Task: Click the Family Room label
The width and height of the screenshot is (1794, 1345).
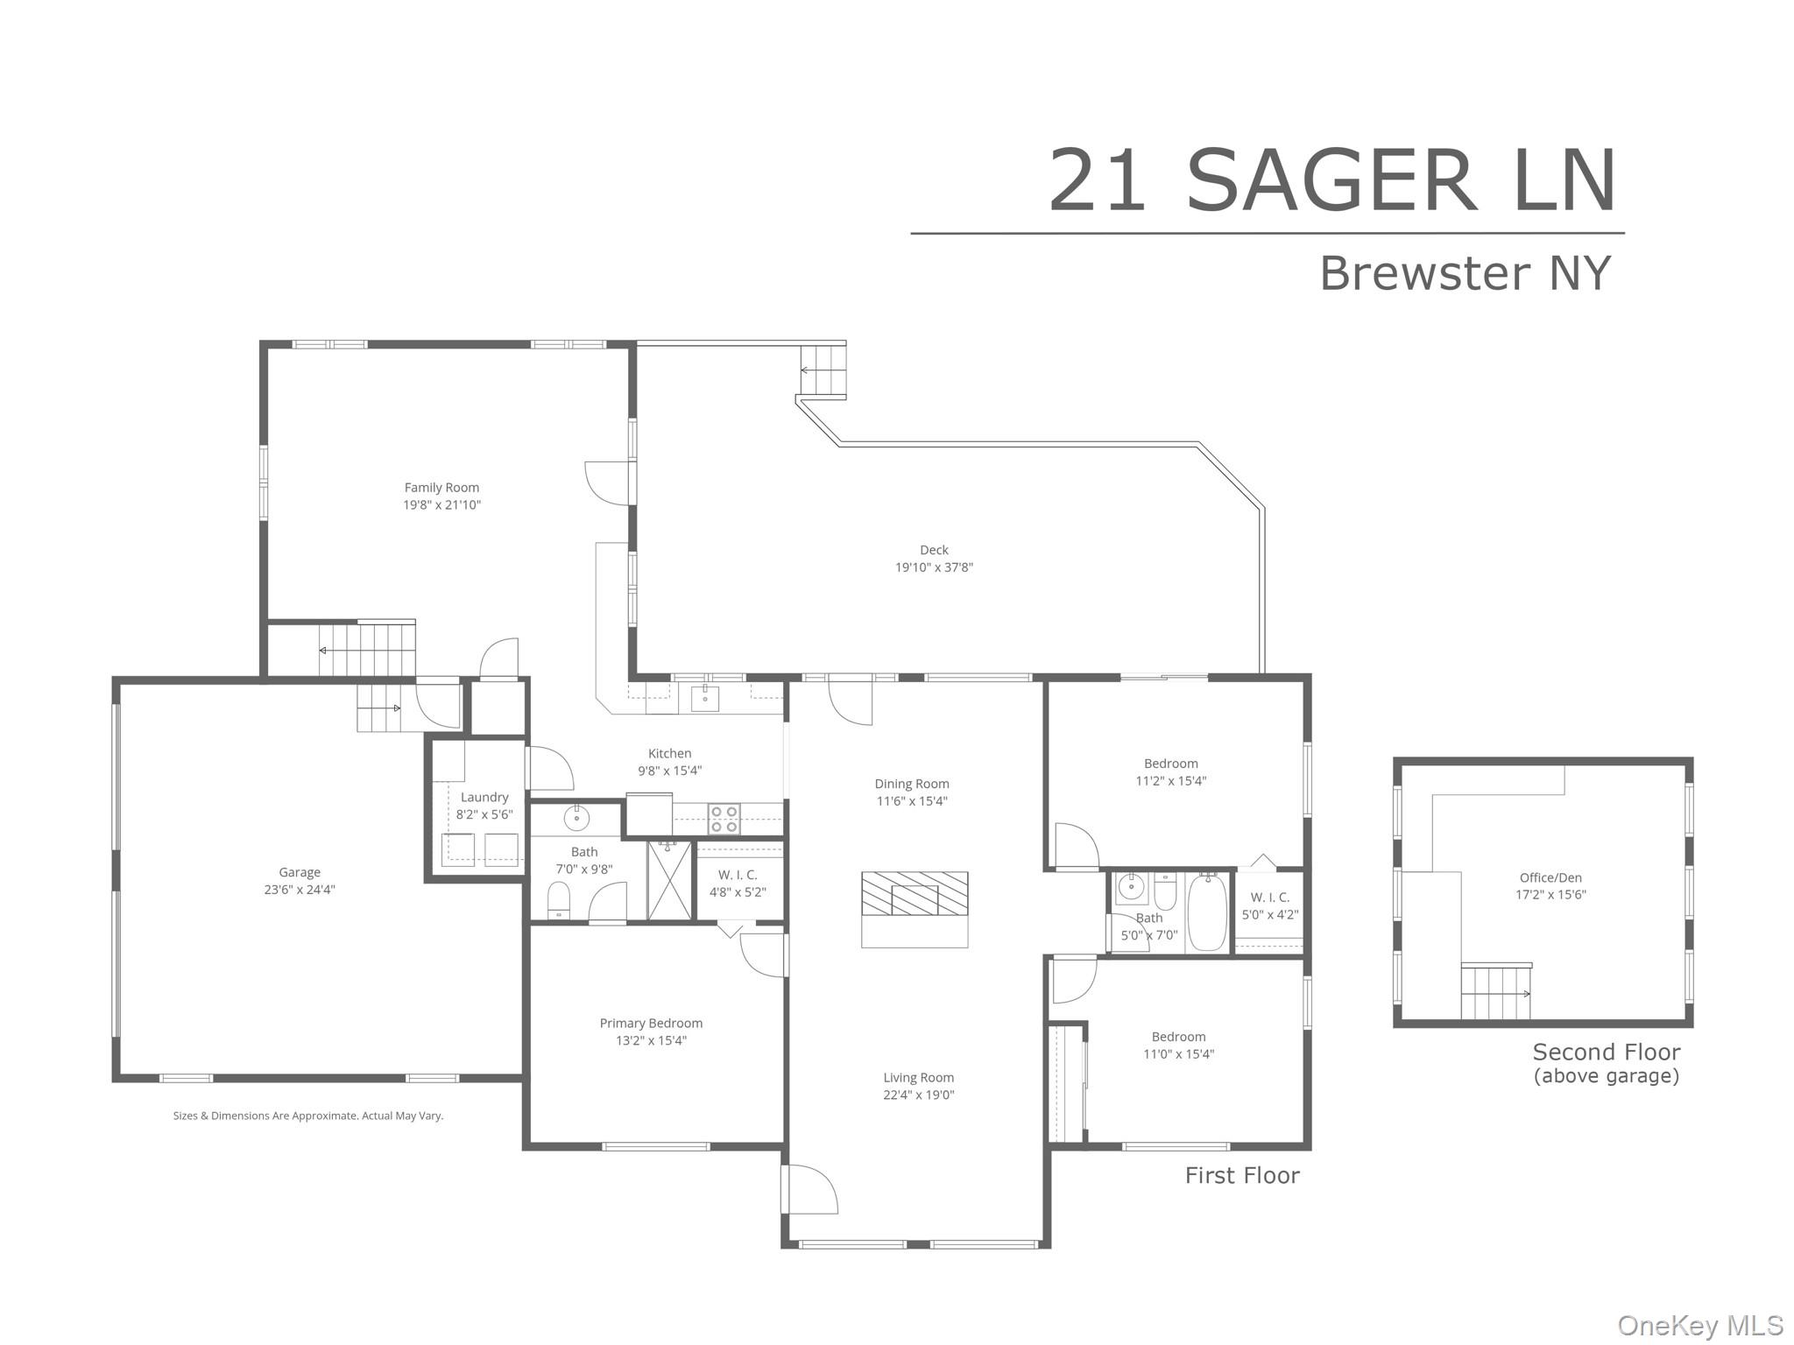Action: click(x=441, y=488)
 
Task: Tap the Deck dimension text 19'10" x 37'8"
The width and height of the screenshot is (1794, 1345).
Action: click(x=934, y=567)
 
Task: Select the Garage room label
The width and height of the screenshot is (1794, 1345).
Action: click(x=300, y=872)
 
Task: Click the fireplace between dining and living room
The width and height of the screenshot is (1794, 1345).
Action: click(x=915, y=894)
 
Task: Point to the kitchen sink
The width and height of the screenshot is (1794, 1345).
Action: click(x=705, y=699)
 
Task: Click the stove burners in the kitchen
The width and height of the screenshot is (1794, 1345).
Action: click(x=724, y=819)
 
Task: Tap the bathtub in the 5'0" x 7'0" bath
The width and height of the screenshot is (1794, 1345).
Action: click(x=1208, y=912)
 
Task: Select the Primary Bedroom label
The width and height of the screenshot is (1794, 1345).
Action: click(x=651, y=1024)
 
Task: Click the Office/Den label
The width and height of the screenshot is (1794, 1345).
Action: click(x=1550, y=878)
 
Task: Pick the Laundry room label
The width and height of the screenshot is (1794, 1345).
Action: click(x=484, y=798)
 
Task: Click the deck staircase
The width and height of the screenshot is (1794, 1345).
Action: click(x=823, y=370)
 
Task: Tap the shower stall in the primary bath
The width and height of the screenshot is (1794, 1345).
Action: click(x=670, y=880)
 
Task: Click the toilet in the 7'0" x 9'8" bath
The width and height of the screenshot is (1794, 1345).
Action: click(x=559, y=900)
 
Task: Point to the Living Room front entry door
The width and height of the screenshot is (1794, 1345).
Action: click(x=809, y=1189)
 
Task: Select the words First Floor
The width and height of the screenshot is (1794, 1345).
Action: click(x=1242, y=1175)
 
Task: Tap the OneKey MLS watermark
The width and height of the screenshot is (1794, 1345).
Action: click(x=1699, y=1326)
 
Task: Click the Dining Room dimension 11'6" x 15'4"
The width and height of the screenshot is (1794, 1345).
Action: click(x=912, y=801)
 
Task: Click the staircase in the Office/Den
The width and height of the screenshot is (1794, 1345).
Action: click(x=1496, y=991)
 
